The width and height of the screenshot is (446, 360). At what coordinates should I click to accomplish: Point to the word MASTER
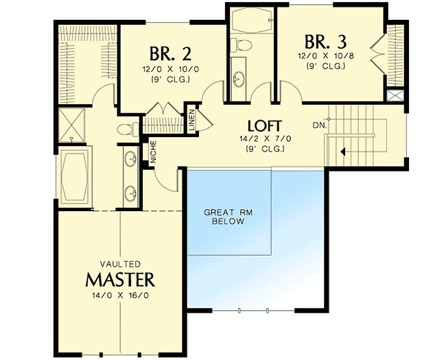[x=120, y=280]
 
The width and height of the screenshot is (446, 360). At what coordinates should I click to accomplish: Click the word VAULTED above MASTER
[x=120, y=264]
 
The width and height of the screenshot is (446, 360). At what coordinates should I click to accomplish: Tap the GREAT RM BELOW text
[x=228, y=217]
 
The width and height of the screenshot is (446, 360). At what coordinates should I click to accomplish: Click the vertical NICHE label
[x=153, y=152]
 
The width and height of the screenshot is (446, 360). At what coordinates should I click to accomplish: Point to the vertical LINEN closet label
[x=193, y=119]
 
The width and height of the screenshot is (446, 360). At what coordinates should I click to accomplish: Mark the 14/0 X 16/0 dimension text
[x=120, y=296]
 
